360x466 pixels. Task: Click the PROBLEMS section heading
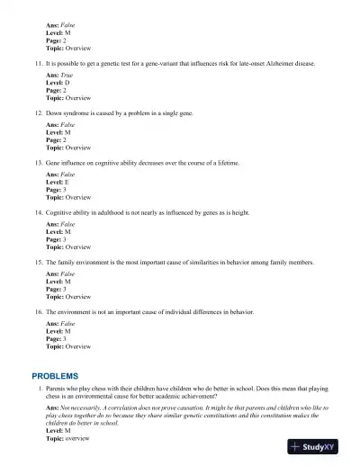click(x=55, y=375)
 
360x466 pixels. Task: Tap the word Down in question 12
click(x=54, y=113)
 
